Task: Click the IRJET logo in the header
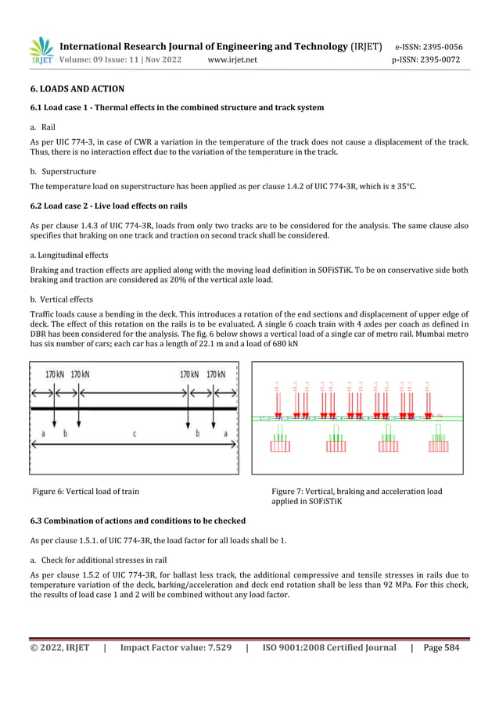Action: tap(41, 51)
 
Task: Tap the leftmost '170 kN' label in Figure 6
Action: tap(54, 374)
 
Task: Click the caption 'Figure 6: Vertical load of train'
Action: tap(86, 492)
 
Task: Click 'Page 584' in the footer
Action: tap(440, 648)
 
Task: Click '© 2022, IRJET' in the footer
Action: tap(59, 648)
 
